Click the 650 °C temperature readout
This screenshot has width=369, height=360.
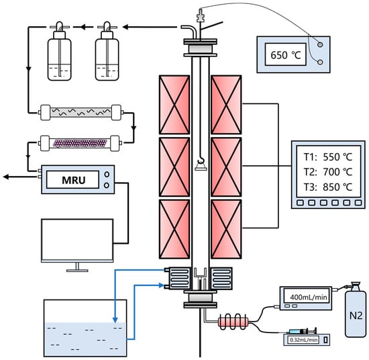pyautogui.click(x=286, y=55)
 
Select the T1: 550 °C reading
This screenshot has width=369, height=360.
pyautogui.click(x=328, y=157)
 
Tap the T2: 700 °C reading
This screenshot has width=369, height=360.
pyautogui.click(x=328, y=172)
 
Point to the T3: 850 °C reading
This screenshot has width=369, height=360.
pyautogui.click(x=328, y=187)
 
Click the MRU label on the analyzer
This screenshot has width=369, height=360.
pyautogui.click(x=73, y=180)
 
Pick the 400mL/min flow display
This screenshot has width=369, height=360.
pyautogui.click(x=309, y=297)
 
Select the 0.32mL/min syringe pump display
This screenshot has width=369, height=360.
pyautogui.click(x=303, y=340)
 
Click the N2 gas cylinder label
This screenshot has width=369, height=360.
pyautogui.click(x=356, y=316)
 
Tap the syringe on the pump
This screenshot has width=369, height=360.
pyautogui.click(x=303, y=331)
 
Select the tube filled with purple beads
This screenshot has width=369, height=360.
pyautogui.click(x=80, y=143)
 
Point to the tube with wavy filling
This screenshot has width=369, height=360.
pyautogui.click(x=81, y=112)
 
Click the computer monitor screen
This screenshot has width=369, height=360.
pyautogui.click(x=77, y=240)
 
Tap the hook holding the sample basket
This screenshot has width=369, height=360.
pyautogui.click(x=201, y=161)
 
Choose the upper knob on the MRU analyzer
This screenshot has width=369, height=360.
pyautogui.click(x=107, y=175)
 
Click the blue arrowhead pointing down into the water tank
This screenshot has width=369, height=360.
pyautogui.click(x=115, y=320)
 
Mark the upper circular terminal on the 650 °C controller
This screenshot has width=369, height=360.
pyautogui.click(x=320, y=44)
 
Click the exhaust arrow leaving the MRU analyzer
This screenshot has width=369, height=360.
pyautogui.click(x=21, y=177)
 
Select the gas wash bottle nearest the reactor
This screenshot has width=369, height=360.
pyautogui.click(x=107, y=51)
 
